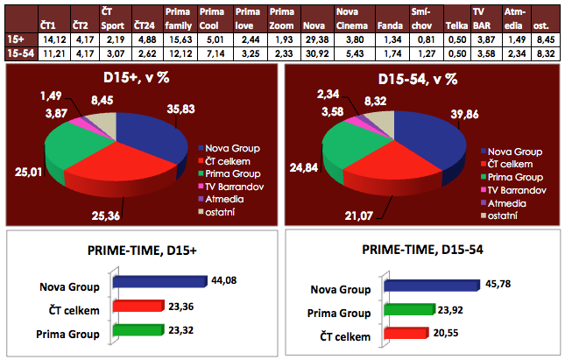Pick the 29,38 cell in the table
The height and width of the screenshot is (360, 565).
tap(314, 39)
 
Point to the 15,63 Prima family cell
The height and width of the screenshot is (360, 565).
tap(179, 39)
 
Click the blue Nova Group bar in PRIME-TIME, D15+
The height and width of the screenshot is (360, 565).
tap(158, 282)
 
